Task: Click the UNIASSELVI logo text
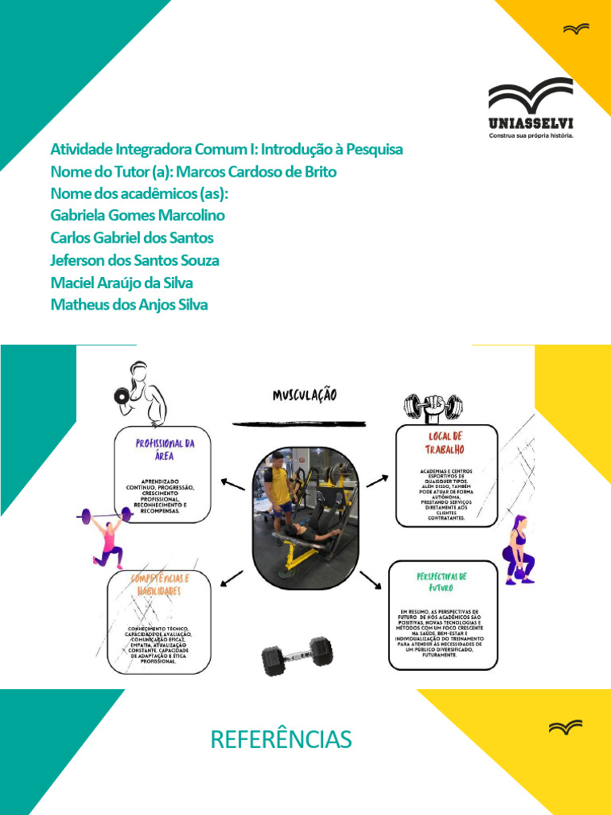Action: click(530, 123)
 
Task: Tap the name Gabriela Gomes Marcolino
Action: click(137, 216)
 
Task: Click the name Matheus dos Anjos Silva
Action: click(129, 304)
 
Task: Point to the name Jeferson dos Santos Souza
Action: click(134, 260)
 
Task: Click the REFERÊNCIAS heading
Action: click(281, 739)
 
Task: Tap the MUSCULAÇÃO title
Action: click(305, 395)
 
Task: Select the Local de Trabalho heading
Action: click(446, 442)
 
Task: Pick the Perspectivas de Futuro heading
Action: click(442, 582)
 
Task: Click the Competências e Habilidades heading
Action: click(160, 585)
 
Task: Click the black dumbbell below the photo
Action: click(298, 655)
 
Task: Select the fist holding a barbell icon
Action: click(434, 408)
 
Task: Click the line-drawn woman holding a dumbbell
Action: click(141, 393)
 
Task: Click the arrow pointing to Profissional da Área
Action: click(233, 484)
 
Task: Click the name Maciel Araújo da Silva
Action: click(121, 283)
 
